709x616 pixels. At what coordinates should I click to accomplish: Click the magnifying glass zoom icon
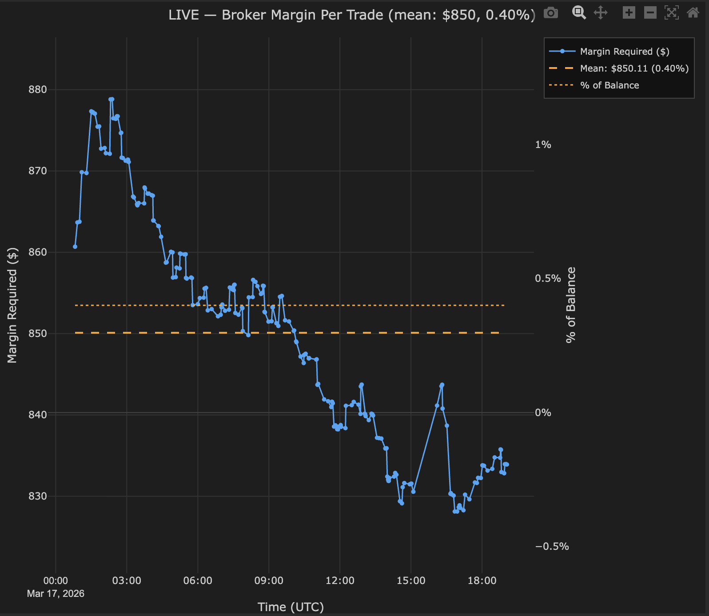[x=579, y=12]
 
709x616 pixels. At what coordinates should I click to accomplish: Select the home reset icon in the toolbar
[x=693, y=12]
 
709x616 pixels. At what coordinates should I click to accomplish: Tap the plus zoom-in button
[x=629, y=12]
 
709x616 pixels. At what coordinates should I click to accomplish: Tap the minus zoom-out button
[x=650, y=12]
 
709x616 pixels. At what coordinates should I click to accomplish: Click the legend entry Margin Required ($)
[x=624, y=52]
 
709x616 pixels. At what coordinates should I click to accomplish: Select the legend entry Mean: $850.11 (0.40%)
[x=634, y=68]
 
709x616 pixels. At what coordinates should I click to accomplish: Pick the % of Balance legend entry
[x=609, y=85]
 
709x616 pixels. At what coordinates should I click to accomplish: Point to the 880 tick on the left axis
[x=37, y=90]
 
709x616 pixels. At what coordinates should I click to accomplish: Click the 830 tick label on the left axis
[x=37, y=496]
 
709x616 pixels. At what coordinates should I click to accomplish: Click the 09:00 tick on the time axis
[x=269, y=580]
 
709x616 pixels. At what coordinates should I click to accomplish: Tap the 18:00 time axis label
[x=482, y=580]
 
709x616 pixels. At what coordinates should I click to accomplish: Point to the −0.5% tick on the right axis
[x=552, y=547]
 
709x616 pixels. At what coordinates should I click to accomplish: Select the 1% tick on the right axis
[x=543, y=145]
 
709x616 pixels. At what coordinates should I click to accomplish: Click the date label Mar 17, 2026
[x=56, y=594]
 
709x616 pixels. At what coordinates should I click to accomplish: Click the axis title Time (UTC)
[x=291, y=607]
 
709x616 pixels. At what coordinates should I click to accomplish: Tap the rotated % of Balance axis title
[x=571, y=305]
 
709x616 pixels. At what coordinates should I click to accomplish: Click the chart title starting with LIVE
[x=352, y=15]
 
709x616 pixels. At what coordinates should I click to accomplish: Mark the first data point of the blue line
[x=75, y=247]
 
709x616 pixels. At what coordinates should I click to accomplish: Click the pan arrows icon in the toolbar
[x=600, y=12]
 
